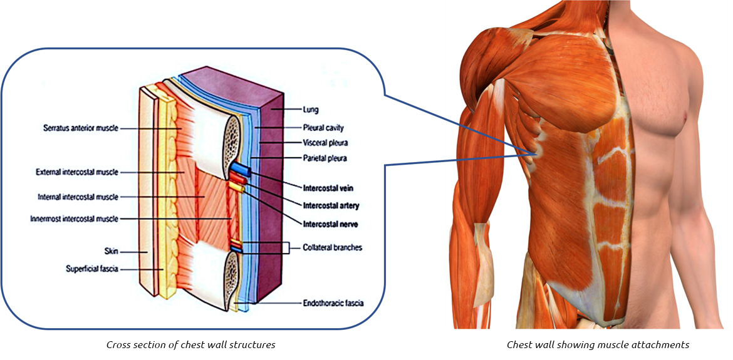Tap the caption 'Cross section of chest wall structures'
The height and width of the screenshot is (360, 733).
pos(190,345)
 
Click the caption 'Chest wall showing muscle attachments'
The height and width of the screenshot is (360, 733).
pos(598,345)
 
